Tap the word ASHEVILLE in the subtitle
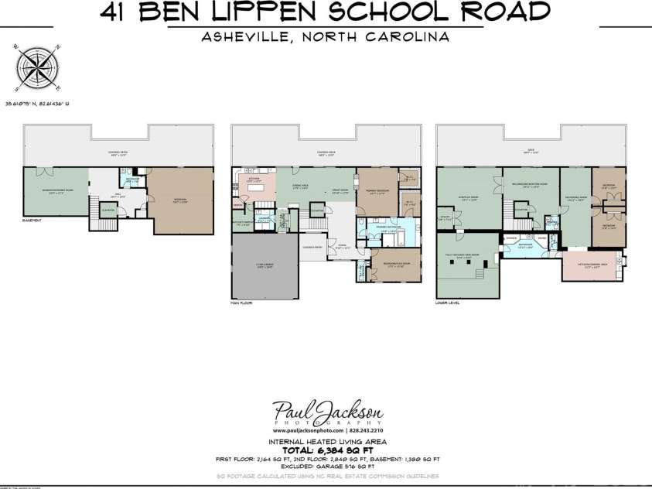click(x=237, y=36)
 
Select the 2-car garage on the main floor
click(x=264, y=267)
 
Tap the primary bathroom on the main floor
click(x=387, y=230)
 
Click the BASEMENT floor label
click(x=32, y=221)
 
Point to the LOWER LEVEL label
click(x=449, y=303)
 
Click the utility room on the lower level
click(x=445, y=219)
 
